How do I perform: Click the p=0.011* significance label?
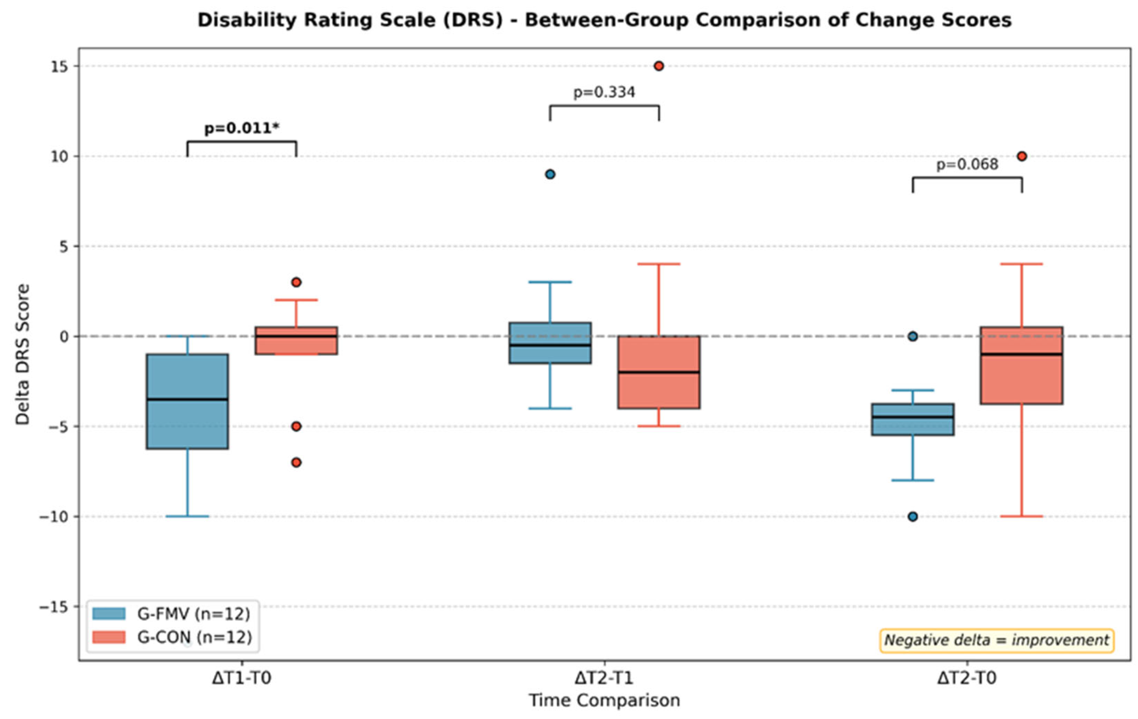point(242,128)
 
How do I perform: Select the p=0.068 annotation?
point(967,164)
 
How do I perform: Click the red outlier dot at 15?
point(659,66)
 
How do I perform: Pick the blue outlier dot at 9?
point(550,174)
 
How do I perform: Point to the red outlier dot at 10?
point(1022,157)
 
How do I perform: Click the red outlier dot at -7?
point(296,462)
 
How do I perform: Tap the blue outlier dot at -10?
point(913,517)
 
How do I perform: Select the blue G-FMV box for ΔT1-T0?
point(188,401)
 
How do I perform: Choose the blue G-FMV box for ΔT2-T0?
point(913,419)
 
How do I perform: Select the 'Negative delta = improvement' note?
point(997,641)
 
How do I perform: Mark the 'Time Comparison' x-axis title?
point(605,701)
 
